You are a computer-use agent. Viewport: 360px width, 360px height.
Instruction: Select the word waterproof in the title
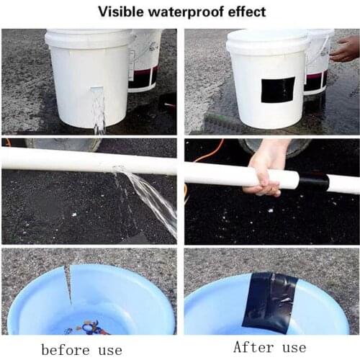(x=186, y=12)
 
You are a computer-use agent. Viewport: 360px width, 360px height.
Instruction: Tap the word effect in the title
(x=246, y=12)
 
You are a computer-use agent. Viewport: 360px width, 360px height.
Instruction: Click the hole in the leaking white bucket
(x=97, y=90)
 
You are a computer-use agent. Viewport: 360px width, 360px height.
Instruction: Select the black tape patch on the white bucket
(x=277, y=90)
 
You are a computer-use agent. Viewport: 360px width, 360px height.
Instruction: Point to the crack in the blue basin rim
(x=70, y=284)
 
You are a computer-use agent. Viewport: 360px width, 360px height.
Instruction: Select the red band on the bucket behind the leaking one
(x=143, y=76)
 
